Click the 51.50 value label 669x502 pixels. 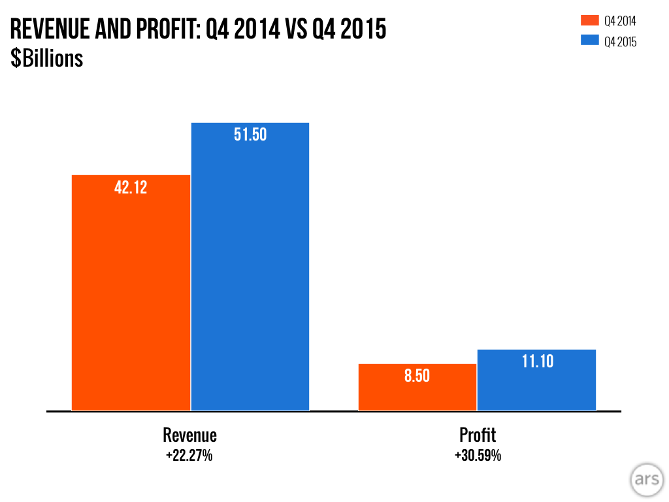[250, 135]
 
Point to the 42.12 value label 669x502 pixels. [131, 188]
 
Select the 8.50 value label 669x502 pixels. [417, 376]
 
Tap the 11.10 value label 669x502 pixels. [537, 361]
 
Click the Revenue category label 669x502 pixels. [189, 435]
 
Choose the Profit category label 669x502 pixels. [478, 435]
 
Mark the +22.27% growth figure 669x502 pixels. [189, 456]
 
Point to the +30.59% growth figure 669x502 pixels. [478, 456]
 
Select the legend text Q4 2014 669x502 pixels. [620, 22]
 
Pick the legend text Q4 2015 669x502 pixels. [620, 42]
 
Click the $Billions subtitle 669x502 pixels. [46, 58]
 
